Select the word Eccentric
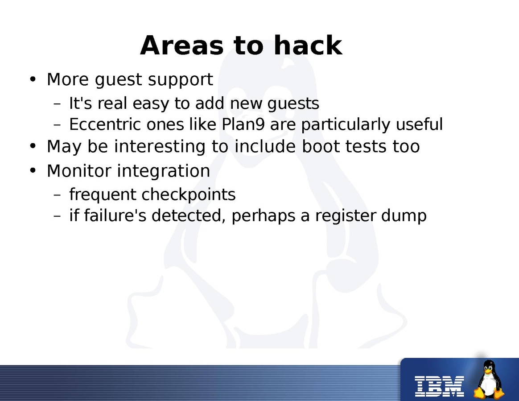pyautogui.click(x=105, y=124)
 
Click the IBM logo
pyautogui.click(x=439, y=386)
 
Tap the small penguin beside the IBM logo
pyautogui.click(x=489, y=380)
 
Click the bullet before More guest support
pyautogui.click(x=32, y=80)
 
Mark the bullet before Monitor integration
pyautogui.click(x=32, y=171)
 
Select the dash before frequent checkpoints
pyautogui.click(x=57, y=195)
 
